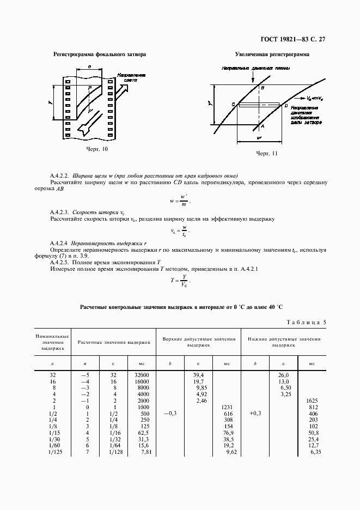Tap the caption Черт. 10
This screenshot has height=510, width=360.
click(97, 149)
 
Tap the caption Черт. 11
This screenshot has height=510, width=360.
click(267, 154)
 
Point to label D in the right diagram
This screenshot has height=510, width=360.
click(285, 105)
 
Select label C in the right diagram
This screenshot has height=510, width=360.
click(233, 104)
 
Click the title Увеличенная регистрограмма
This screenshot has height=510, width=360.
click(272, 55)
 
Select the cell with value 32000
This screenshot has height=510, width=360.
click(141, 375)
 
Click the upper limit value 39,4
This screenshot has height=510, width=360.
click(198, 375)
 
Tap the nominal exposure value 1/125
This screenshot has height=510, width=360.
click(52, 452)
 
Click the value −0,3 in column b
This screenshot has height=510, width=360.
click(170, 414)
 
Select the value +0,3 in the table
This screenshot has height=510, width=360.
click(255, 414)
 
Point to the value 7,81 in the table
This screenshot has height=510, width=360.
click(144, 452)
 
